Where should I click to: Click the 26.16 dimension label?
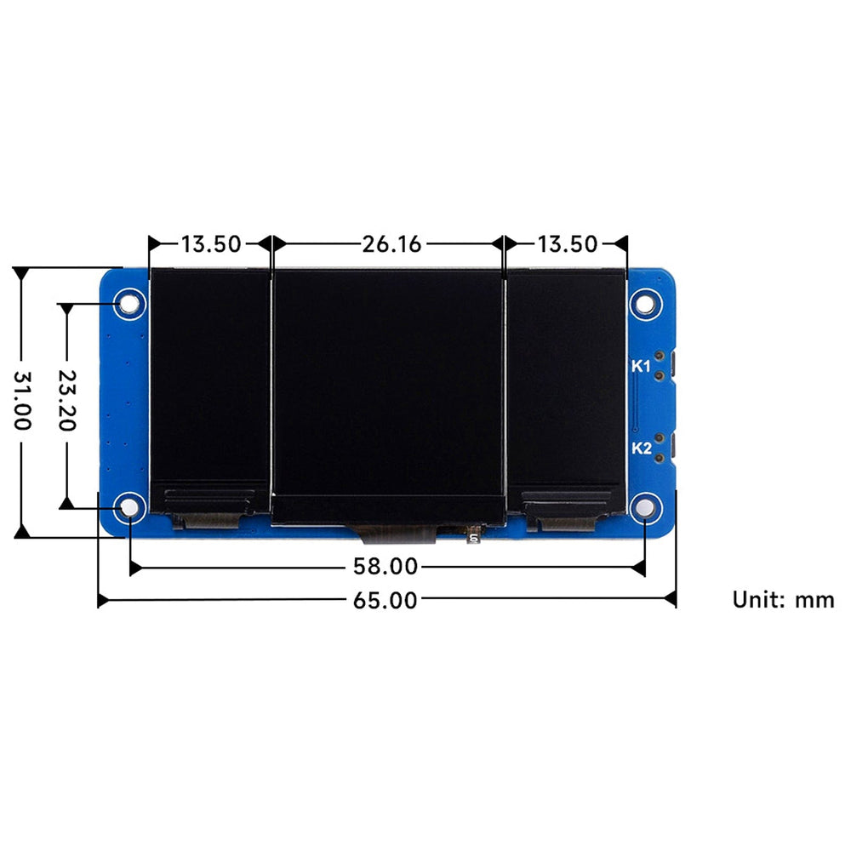(391, 244)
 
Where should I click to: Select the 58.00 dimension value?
(386, 566)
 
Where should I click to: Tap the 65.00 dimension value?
(386, 600)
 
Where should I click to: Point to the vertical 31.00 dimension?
(23, 400)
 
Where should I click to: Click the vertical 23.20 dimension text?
(66, 400)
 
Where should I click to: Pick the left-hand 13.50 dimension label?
(210, 244)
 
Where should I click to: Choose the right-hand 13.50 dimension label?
(567, 244)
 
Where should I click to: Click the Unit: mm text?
(783, 599)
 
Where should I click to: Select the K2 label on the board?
(641, 448)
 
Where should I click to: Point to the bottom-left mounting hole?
(129, 508)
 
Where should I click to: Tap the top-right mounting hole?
(645, 303)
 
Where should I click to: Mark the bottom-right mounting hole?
(645, 509)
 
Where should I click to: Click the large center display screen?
(387, 383)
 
